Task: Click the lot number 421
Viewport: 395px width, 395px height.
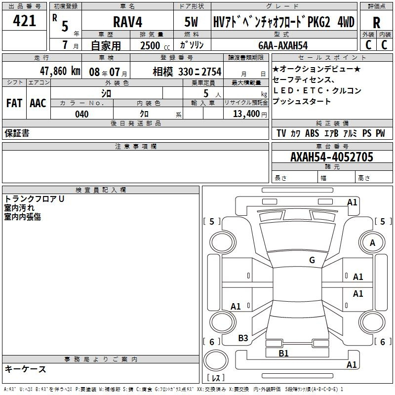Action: click(x=24, y=20)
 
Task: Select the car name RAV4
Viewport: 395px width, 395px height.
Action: click(x=128, y=22)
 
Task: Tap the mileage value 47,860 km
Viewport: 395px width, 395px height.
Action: click(x=60, y=71)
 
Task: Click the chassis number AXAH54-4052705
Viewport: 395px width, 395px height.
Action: click(x=331, y=157)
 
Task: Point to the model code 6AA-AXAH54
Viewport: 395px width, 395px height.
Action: click(x=283, y=45)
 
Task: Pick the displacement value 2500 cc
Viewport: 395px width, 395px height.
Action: click(x=155, y=45)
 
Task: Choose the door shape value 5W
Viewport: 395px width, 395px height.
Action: click(x=191, y=22)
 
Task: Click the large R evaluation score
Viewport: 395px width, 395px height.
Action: click(x=376, y=22)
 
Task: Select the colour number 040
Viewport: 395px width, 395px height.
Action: click(x=82, y=114)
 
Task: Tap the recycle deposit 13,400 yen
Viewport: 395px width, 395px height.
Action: click(x=250, y=114)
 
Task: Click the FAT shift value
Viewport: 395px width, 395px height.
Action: click(x=14, y=103)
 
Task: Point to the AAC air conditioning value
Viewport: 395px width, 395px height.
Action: click(x=38, y=103)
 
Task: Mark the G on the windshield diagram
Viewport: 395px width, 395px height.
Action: click(x=312, y=260)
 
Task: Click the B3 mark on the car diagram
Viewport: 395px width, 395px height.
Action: click(x=243, y=338)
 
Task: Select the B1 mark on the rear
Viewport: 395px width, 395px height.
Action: click(x=283, y=353)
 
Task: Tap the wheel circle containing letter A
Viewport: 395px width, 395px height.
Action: click(x=372, y=242)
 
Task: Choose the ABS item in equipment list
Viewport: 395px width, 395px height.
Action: click(x=312, y=133)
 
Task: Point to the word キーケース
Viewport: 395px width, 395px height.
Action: click(x=26, y=369)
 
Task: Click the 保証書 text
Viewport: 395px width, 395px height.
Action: click(x=17, y=133)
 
